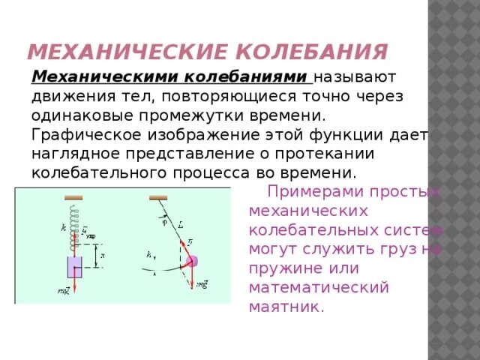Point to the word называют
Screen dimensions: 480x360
(355, 77)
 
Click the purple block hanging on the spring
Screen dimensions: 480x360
(74, 267)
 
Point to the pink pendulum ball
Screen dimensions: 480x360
(192, 262)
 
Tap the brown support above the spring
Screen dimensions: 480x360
(74, 198)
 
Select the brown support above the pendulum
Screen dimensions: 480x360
(157, 198)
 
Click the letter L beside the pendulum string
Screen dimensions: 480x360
(181, 224)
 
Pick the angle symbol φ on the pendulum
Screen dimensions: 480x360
(164, 221)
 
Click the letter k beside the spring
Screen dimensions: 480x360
(64, 226)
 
